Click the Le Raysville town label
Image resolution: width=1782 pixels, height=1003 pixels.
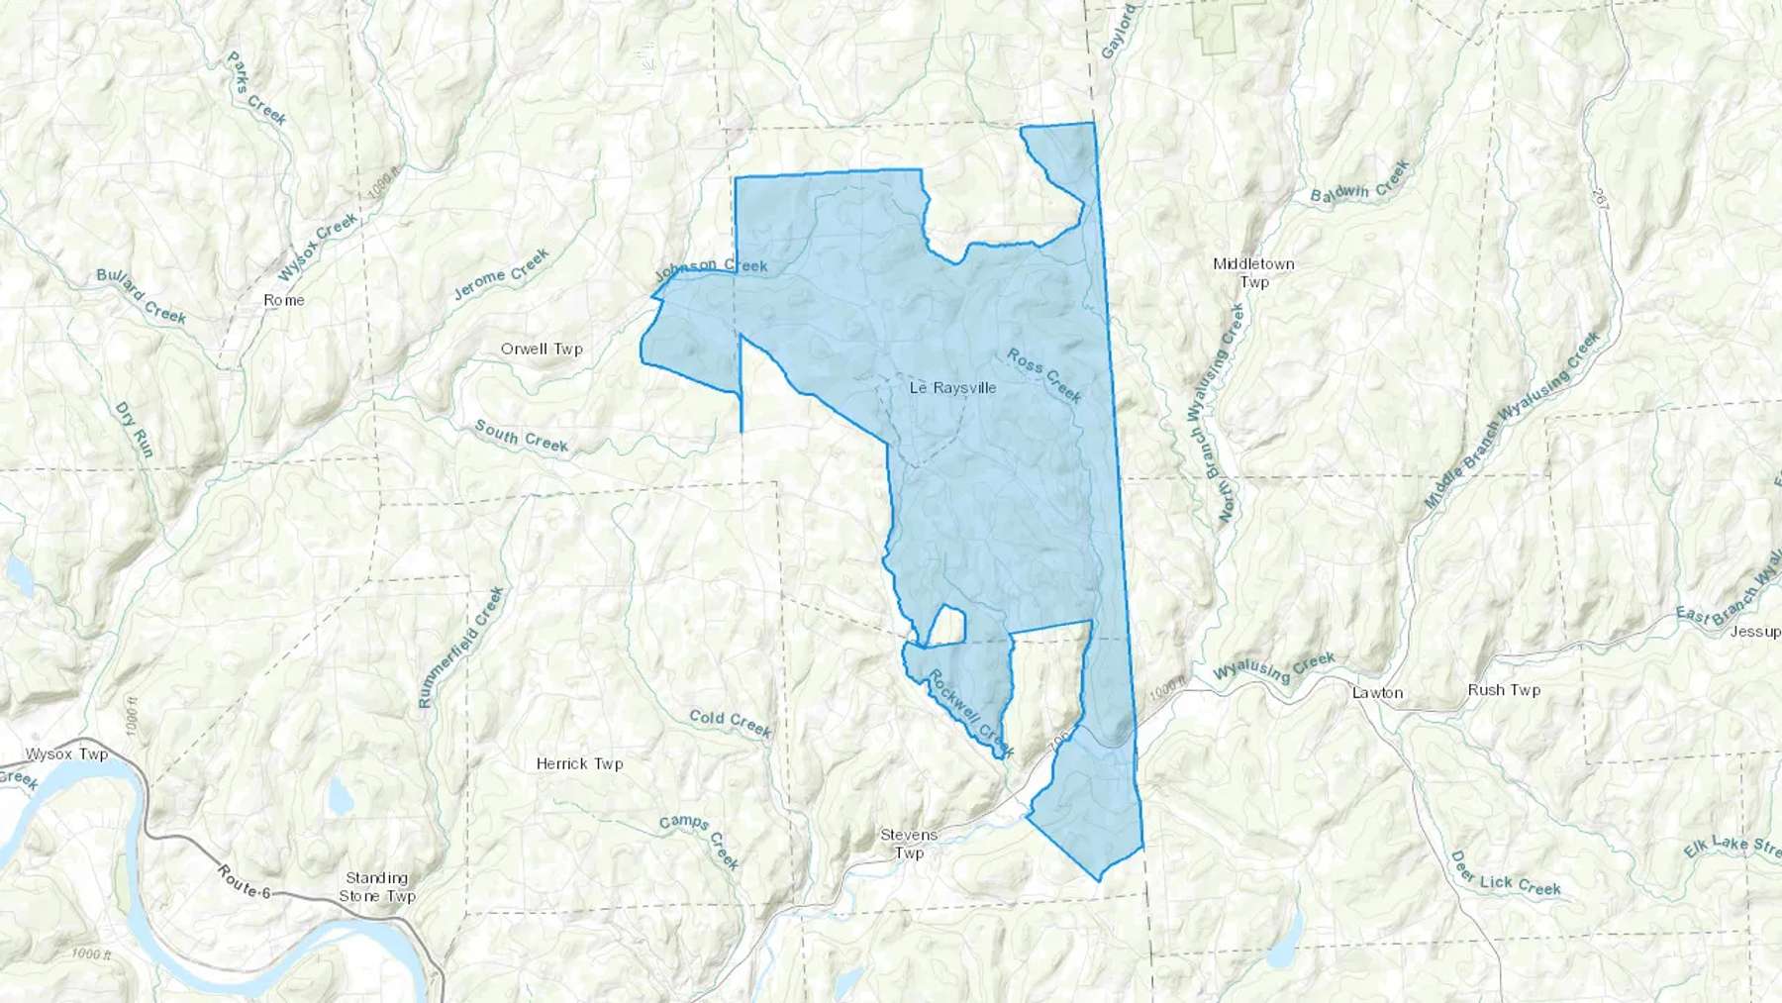952,388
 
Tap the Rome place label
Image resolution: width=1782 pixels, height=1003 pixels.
284,300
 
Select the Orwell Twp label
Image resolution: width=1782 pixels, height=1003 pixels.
542,349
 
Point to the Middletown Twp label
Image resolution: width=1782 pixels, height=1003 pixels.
1253,273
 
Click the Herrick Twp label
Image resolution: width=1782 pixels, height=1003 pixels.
579,763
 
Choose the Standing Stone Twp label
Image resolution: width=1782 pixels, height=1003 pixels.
377,887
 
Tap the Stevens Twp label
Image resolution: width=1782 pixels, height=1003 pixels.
909,844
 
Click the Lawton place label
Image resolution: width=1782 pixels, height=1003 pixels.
1377,693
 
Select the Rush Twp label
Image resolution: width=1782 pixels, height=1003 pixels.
1504,690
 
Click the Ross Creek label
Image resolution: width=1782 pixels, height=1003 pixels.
1044,375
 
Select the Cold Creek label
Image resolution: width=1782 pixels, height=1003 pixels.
730,723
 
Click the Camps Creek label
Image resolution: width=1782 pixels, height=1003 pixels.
701,840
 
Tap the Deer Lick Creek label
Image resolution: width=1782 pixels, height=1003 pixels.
1505,874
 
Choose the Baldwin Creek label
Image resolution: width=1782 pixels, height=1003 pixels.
1359,183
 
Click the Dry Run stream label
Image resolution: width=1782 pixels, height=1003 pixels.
135,430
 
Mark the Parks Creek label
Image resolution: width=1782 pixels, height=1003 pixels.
256,89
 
